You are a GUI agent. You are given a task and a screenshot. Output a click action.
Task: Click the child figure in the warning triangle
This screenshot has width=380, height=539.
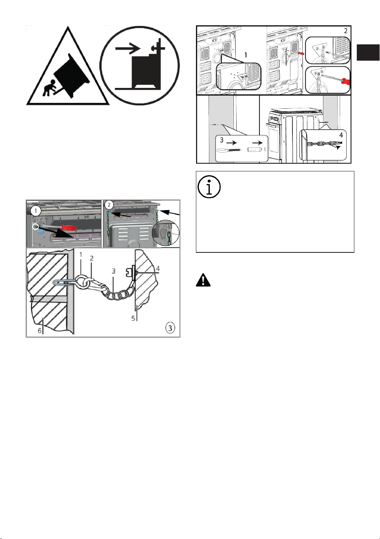(x=50, y=88)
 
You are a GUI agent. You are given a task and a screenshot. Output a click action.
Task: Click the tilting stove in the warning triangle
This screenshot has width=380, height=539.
(x=72, y=75)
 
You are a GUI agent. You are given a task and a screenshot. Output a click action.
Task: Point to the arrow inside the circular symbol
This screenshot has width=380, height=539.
(x=127, y=48)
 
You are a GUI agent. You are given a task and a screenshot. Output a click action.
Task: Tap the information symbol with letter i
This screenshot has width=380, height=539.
(x=209, y=187)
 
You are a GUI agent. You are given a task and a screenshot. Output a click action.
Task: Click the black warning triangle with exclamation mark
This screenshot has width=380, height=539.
(x=203, y=280)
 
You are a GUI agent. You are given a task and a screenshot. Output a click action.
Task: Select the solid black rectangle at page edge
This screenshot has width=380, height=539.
(x=368, y=52)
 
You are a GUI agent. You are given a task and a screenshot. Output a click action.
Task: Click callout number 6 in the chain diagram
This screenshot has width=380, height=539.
(x=40, y=331)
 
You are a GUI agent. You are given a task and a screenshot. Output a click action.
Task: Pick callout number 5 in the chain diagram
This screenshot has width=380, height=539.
(x=133, y=318)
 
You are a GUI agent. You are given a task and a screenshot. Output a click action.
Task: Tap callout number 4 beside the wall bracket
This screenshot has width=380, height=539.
(x=158, y=268)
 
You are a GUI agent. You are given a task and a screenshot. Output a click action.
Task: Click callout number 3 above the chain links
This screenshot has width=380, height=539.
(x=114, y=271)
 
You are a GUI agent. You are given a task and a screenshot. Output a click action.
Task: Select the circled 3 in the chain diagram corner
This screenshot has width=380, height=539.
(x=170, y=328)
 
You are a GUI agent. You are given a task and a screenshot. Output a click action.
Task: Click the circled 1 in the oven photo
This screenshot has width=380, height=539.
(x=36, y=211)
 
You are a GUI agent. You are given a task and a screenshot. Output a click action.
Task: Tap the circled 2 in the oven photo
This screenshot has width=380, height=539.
(x=109, y=205)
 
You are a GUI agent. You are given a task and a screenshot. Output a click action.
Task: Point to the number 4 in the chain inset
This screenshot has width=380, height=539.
(x=341, y=135)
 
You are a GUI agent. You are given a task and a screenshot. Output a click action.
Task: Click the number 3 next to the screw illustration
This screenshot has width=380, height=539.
(x=222, y=140)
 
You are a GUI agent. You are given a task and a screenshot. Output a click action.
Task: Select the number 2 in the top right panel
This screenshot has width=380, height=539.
(x=345, y=31)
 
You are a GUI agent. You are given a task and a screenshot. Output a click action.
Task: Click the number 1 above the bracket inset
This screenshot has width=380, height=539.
(x=246, y=55)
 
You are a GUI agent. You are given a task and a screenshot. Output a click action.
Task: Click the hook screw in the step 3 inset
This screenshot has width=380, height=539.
(x=229, y=150)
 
